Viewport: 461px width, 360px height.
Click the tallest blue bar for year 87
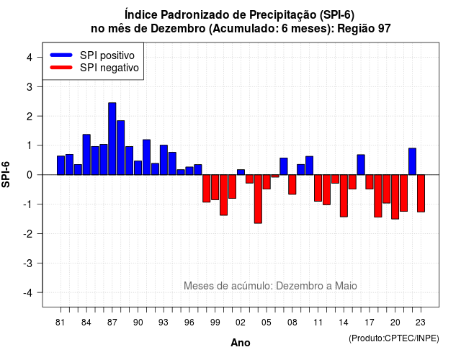click(112, 139)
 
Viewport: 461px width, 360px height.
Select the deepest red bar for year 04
click(258, 199)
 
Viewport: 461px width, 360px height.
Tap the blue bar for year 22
click(413, 161)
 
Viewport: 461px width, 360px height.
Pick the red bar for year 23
click(421, 194)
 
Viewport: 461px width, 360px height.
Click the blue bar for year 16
click(361, 165)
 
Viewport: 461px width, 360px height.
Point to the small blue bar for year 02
click(241, 172)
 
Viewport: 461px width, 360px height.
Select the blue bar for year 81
click(61, 165)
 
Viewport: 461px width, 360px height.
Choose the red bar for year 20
click(395, 197)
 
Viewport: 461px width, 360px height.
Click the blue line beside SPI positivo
click(61, 55)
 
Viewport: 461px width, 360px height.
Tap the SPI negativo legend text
click(109, 68)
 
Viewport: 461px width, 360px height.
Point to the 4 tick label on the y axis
click(30, 58)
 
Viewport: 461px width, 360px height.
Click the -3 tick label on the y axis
click(28, 264)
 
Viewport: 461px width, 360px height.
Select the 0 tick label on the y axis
click(30, 175)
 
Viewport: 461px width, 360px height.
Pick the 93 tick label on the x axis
click(164, 323)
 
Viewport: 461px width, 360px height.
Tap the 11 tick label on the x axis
click(318, 323)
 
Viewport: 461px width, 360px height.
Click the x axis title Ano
click(241, 343)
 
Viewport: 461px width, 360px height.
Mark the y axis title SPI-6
click(6, 174)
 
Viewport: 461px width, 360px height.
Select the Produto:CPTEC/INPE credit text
click(394, 338)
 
